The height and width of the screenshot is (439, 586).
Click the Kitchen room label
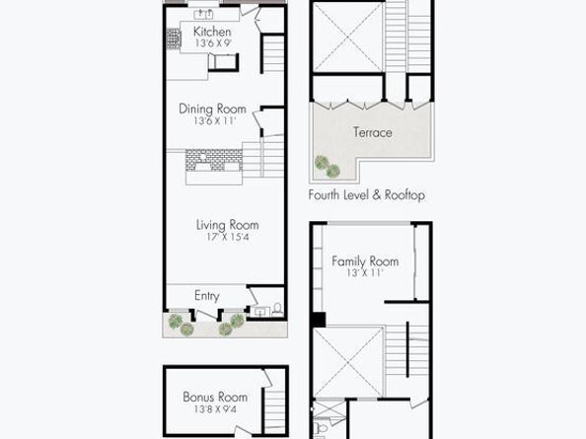tap(212, 32)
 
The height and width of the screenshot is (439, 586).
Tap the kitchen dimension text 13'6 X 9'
tap(213, 43)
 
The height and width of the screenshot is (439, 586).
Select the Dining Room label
tap(212, 110)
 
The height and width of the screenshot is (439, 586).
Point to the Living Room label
tap(228, 225)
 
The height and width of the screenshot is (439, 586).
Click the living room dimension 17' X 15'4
tap(228, 237)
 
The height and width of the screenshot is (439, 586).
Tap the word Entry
tap(206, 296)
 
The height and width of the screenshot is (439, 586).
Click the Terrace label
tap(373, 132)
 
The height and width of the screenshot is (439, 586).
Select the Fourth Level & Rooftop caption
tap(367, 195)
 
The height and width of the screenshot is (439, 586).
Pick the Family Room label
tap(365, 261)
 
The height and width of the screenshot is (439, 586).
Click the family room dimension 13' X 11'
tap(365, 273)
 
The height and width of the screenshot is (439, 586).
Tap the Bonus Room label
tap(215, 397)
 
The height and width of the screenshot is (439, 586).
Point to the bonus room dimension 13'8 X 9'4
tap(215, 409)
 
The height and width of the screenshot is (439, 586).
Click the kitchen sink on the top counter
tap(203, 15)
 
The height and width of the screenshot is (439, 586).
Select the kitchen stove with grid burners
tap(174, 38)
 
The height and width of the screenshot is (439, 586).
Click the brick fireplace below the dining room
tap(214, 160)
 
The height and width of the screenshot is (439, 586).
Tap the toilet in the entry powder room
tap(277, 309)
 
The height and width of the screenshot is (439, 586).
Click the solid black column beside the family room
tap(319, 320)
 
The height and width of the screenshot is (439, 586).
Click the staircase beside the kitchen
tap(273, 54)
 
